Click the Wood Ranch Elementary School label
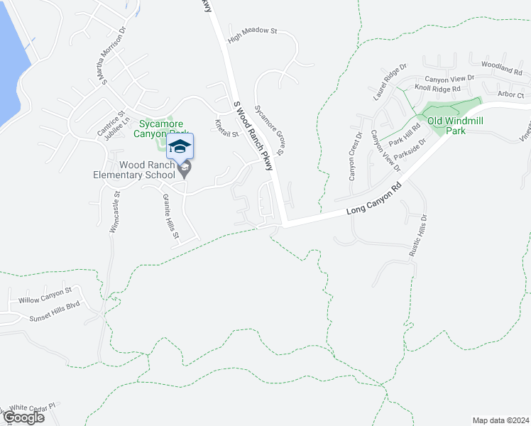(x=134, y=170)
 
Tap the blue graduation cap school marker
(x=180, y=147)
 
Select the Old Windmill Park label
(x=455, y=126)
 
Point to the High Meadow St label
(x=252, y=32)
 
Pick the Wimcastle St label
(x=114, y=212)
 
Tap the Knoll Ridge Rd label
(x=437, y=88)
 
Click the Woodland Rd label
(x=501, y=68)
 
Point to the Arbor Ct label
(x=510, y=94)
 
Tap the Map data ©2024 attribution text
(x=500, y=420)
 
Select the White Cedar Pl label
(x=31, y=408)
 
